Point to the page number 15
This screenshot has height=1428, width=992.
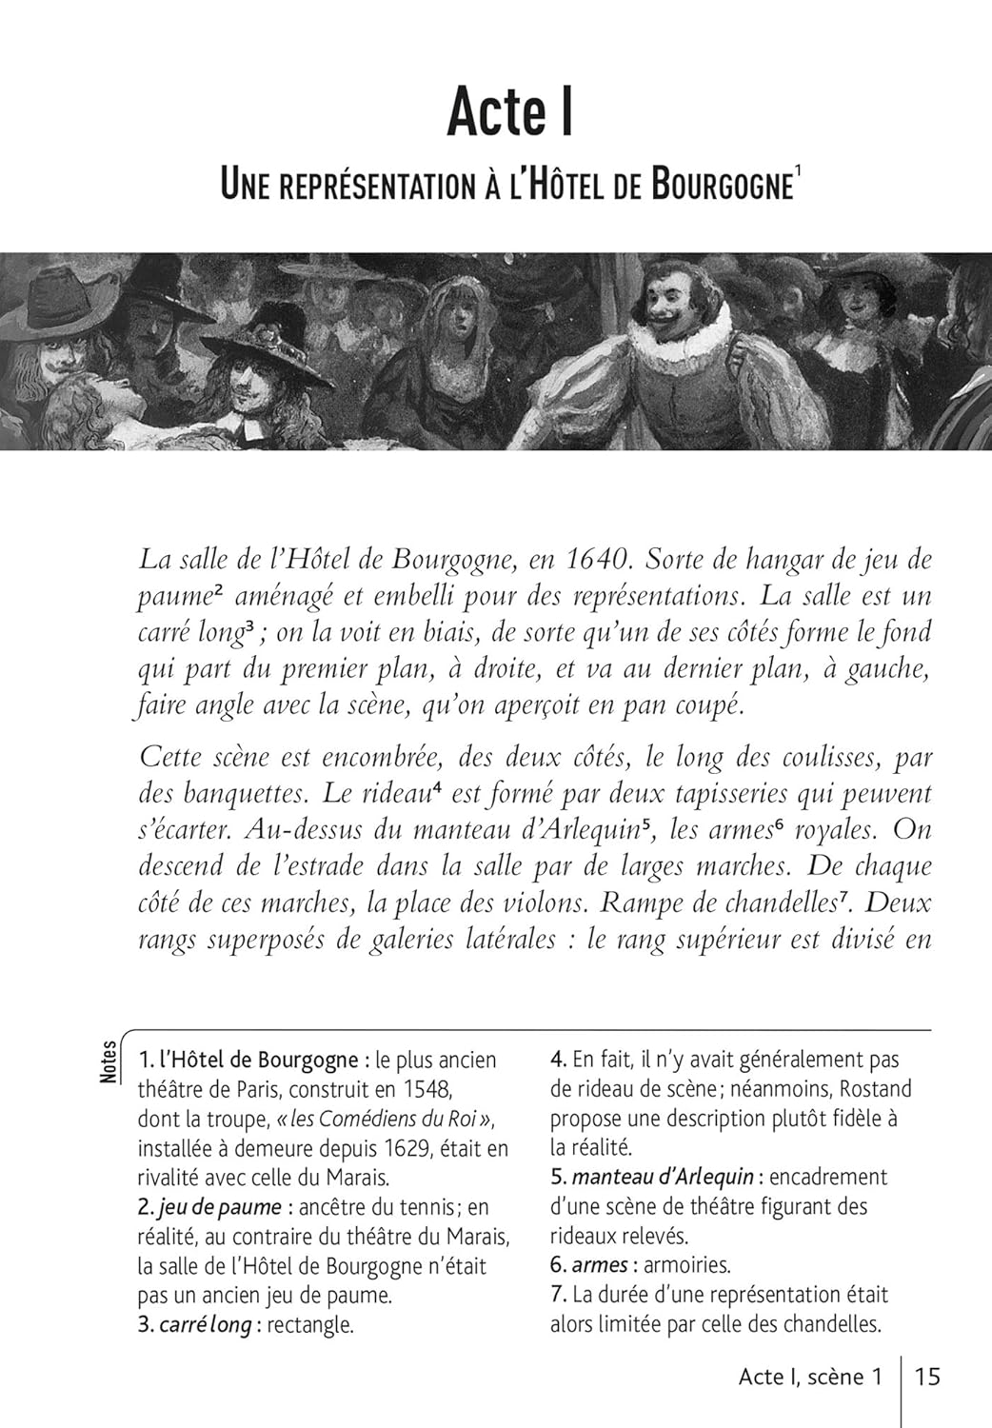coord(927,1377)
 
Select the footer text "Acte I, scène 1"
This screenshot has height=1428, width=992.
coord(810,1377)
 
